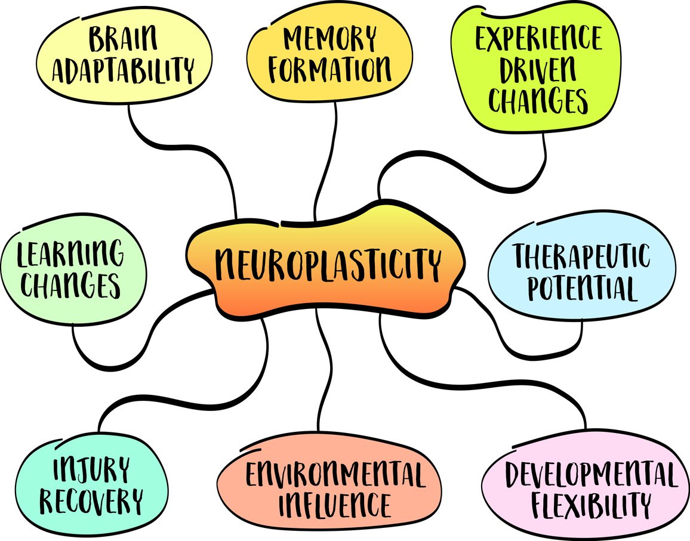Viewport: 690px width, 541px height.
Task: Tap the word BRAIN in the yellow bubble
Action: (x=124, y=40)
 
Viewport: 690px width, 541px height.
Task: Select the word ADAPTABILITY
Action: (x=123, y=70)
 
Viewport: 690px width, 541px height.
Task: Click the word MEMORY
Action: (x=329, y=39)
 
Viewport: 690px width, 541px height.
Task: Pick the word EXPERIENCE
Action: (x=538, y=39)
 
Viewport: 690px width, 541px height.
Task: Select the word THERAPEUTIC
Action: (x=582, y=257)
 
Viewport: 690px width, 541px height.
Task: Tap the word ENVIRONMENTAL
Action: (x=336, y=475)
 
